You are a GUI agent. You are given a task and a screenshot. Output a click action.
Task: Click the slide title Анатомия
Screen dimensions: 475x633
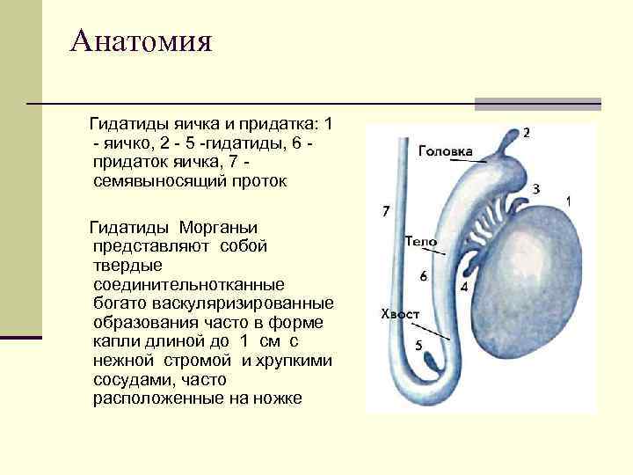[x=142, y=40]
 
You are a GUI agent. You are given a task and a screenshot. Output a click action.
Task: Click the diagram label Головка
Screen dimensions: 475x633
[x=445, y=150]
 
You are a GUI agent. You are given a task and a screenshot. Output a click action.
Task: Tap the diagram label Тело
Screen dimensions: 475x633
[x=420, y=240]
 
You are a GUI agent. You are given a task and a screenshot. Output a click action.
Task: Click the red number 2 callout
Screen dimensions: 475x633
[x=526, y=133]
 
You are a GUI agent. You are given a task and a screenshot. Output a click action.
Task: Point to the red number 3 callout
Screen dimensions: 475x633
[x=536, y=188]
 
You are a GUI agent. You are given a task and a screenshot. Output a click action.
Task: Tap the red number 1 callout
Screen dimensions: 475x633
[x=569, y=201]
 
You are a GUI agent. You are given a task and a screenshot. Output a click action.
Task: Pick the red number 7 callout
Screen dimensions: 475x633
[x=384, y=211]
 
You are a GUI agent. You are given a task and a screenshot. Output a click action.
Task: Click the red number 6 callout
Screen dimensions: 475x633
[x=424, y=275]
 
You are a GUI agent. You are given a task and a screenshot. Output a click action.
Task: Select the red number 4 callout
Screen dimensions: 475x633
[x=463, y=287]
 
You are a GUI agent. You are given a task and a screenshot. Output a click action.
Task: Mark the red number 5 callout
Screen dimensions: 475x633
[x=418, y=344]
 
